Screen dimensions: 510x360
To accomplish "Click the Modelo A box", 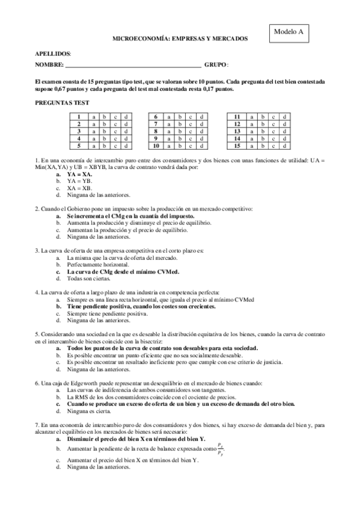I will point(288,32).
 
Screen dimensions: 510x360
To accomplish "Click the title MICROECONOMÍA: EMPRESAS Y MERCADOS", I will point(180,38).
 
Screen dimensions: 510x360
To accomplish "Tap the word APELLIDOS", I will point(53,54).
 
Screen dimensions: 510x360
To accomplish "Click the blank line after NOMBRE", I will point(133,64).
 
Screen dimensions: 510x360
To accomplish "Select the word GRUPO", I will point(215,64).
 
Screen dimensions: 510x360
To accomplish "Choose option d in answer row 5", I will point(126,146).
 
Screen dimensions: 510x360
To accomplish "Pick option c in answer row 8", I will point(191,131).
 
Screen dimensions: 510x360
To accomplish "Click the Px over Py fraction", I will point(220,448).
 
